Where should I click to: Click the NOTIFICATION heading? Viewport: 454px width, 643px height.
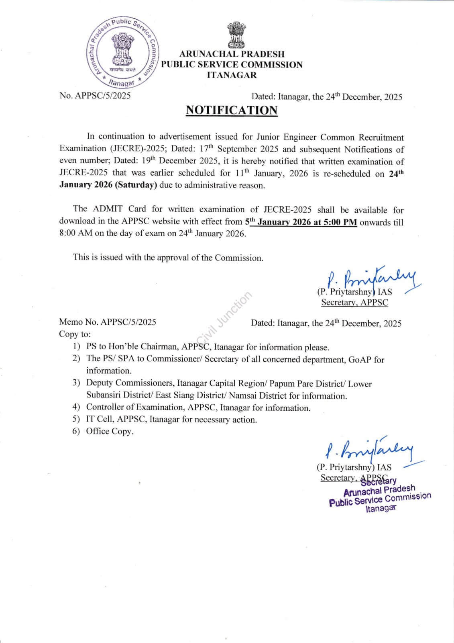click(231, 110)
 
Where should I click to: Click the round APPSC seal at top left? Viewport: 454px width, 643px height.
click(123, 53)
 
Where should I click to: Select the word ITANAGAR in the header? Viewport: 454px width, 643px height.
click(232, 75)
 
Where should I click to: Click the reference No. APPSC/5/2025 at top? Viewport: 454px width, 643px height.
click(95, 96)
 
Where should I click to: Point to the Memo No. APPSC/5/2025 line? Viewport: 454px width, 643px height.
click(108, 322)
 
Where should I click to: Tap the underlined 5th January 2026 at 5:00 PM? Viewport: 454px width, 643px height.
click(301, 222)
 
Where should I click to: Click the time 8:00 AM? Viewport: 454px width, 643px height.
click(75, 234)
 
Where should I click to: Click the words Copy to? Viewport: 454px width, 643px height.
click(75, 334)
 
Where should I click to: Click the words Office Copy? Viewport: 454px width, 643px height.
click(109, 431)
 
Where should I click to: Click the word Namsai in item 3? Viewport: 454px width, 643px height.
click(242, 396)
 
